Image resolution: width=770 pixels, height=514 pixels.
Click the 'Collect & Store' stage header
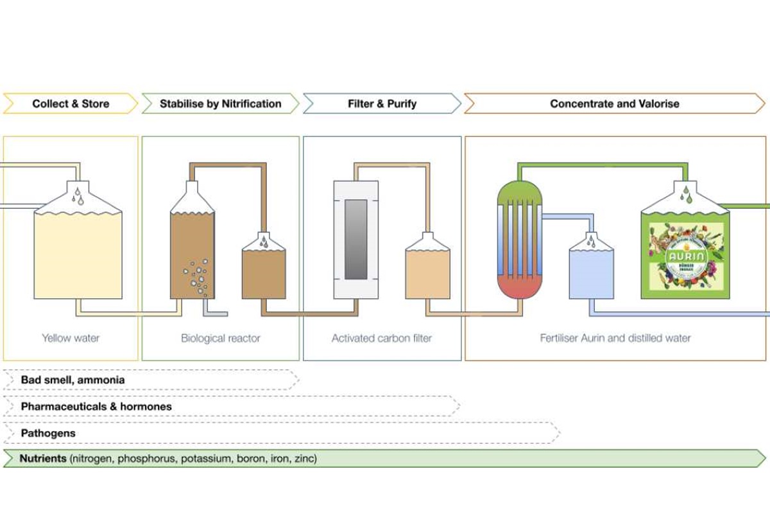click(x=71, y=103)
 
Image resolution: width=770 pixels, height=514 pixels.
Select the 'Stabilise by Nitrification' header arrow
click(x=220, y=103)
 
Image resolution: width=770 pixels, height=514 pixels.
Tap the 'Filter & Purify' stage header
click(x=382, y=103)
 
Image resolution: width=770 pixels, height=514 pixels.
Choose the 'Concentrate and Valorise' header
click(x=614, y=103)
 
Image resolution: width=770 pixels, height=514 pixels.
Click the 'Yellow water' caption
click(x=71, y=337)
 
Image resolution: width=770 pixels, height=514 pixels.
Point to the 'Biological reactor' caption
click(x=220, y=337)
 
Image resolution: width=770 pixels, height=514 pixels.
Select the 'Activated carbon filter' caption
click(x=382, y=337)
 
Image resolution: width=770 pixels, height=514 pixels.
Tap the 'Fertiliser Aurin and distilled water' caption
click(x=615, y=337)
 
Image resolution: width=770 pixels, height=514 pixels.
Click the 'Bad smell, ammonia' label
click(x=73, y=380)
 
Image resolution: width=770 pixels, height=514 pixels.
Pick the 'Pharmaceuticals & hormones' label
click(x=96, y=407)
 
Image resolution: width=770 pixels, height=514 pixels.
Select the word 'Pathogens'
click(x=48, y=433)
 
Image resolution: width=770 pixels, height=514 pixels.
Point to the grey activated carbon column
click(x=355, y=239)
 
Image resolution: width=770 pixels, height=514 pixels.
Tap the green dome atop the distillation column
click(x=520, y=190)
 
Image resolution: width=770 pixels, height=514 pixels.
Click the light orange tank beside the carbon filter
click(x=427, y=273)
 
